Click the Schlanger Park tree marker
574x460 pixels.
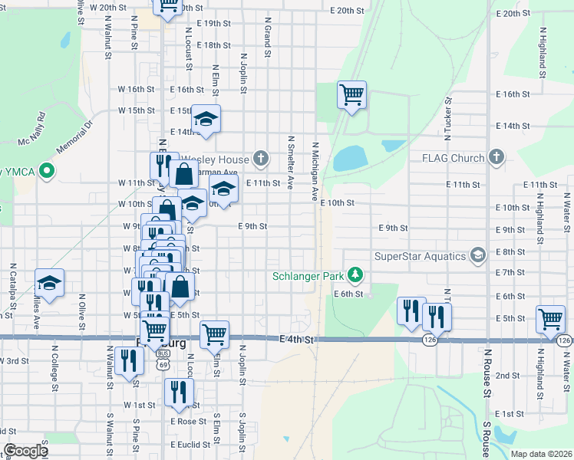(355, 274)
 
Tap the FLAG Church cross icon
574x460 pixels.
(496, 157)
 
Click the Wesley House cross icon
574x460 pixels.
(261, 159)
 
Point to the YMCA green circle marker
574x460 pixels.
(48, 170)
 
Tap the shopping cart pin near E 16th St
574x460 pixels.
(351, 95)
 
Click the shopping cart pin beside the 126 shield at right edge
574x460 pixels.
(551, 320)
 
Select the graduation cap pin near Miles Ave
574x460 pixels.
(49, 284)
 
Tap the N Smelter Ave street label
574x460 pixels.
(290, 163)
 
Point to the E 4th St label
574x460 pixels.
(298, 339)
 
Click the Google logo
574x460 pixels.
(25, 451)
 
